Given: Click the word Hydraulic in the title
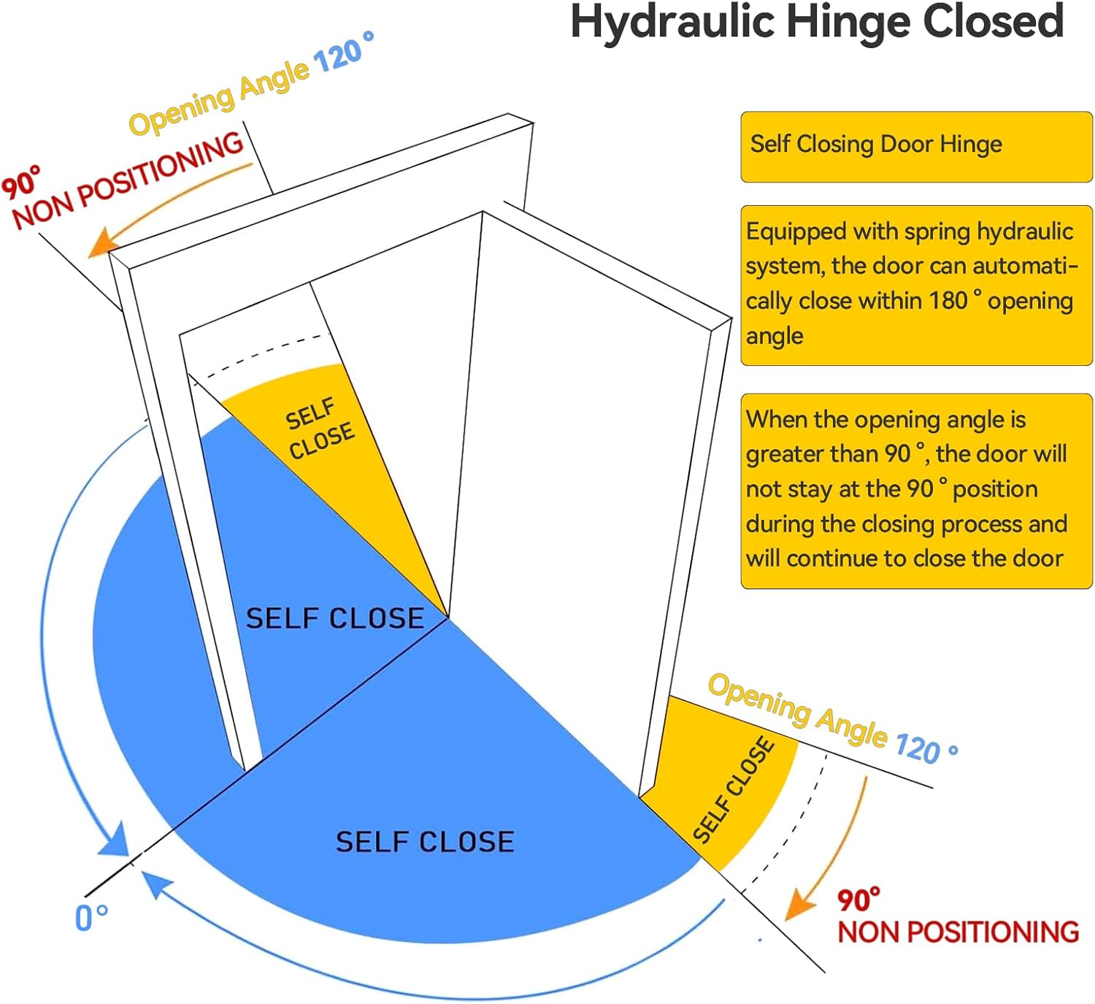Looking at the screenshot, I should coord(672,22).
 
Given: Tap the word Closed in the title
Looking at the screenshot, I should coord(994,22).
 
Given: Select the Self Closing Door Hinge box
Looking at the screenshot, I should coord(916,146).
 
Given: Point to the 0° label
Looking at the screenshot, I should coord(92,916).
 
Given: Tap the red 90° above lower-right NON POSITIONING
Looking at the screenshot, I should coord(858,900).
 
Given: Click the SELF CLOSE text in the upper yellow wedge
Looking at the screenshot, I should coord(320,429).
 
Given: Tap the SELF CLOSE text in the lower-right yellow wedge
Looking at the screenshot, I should coord(734,789).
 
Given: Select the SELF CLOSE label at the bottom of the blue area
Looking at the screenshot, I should coord(425,842).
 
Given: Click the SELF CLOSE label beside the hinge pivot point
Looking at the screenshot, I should coord(334,618).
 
